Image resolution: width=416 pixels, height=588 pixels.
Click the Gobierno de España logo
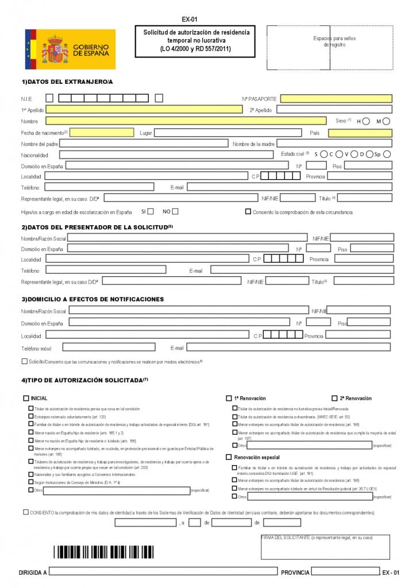click(70, 49)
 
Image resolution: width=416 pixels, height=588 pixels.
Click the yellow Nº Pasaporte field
click(336, 99)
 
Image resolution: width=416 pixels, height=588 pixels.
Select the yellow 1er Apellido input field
click(144, 109)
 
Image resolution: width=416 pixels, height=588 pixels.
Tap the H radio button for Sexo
click(366, 121)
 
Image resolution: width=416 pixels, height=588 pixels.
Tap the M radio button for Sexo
click(386, 121)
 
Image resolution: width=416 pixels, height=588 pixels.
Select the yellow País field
click(360, 133)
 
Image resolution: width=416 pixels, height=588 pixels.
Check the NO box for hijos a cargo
click(175, 211)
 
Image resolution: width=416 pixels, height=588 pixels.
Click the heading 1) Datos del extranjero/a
click(67, 82)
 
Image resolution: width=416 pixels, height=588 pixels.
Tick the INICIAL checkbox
click(26, 398)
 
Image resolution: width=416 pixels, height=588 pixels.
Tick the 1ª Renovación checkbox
click(229, 398)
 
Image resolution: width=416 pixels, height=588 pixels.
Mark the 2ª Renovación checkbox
click(334, 398)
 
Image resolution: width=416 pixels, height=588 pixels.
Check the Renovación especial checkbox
click(229, 457)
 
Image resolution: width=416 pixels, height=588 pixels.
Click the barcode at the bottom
click(104, 552)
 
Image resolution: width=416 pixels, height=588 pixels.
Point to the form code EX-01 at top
click(189, 19)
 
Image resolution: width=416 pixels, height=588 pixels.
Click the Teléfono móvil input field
click(109, 347)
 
